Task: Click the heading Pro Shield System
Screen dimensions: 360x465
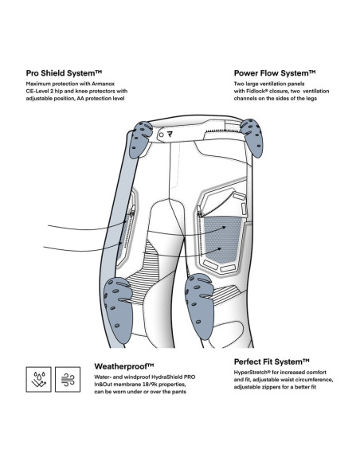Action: [x=64, y=73]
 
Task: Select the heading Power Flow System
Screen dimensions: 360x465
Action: [x=275, y=73]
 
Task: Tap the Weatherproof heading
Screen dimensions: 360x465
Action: [x=124, y=366]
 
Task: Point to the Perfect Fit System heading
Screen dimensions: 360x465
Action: [x=272, y=361]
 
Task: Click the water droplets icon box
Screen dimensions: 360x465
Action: [x=38, y=379]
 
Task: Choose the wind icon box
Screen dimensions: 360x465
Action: [x=68, y=379]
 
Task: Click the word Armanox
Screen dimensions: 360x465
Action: [x=104, y=84]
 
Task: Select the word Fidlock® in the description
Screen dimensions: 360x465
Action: [x=256, y=91]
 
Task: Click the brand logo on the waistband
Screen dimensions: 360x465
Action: [x=170, y=135]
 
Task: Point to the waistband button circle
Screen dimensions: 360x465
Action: [x=161, y=135]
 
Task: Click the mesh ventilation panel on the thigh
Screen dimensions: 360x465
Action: [x=222, y=240]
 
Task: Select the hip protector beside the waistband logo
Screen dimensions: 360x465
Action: [x=139, y=139]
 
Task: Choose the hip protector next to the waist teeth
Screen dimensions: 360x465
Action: [x=252, y=137]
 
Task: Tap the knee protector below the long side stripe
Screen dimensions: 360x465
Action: [x=119, y=310]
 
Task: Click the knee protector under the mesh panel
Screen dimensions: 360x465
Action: [x=199, y=306]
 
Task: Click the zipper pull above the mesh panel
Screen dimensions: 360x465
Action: [x=200, y=213]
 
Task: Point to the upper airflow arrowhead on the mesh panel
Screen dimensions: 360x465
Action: [x=224, y=228]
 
